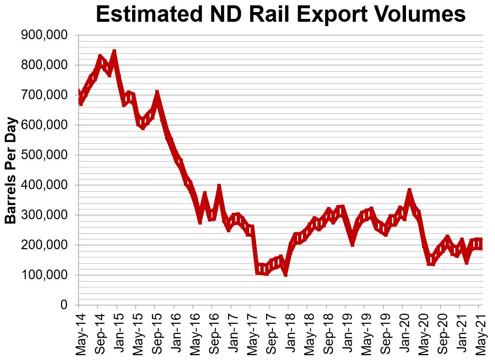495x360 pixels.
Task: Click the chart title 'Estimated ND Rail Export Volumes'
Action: click(280, 15)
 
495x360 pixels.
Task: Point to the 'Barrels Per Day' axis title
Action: click(11, 170)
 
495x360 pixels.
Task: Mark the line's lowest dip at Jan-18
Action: click(286, 273)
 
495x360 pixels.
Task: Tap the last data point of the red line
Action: click(479, 244)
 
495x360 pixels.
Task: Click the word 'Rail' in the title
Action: click(286, 15)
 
